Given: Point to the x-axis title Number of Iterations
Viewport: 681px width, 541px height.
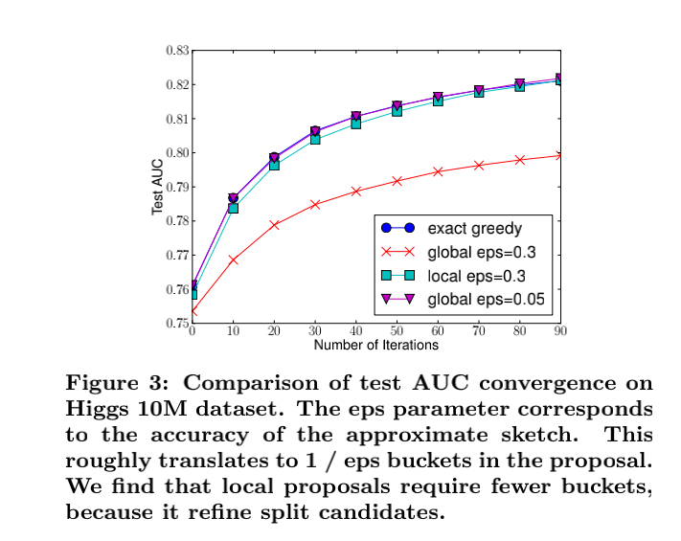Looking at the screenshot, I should click(376, 345).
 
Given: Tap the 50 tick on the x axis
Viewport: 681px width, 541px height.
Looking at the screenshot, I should click(397, 332).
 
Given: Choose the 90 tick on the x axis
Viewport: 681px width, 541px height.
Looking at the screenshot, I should click(559, 332).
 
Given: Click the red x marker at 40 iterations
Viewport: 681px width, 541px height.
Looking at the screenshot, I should click(356, 192).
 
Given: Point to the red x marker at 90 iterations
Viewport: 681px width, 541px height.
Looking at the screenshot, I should click(559, 154).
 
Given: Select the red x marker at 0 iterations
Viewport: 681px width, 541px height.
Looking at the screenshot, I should click(193, 311).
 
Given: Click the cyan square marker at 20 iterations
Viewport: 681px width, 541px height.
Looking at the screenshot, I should click(274, 165).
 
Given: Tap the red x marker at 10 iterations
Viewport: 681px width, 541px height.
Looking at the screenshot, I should click(234, 259).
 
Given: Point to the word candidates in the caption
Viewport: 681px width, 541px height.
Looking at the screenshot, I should click(395, 512).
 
